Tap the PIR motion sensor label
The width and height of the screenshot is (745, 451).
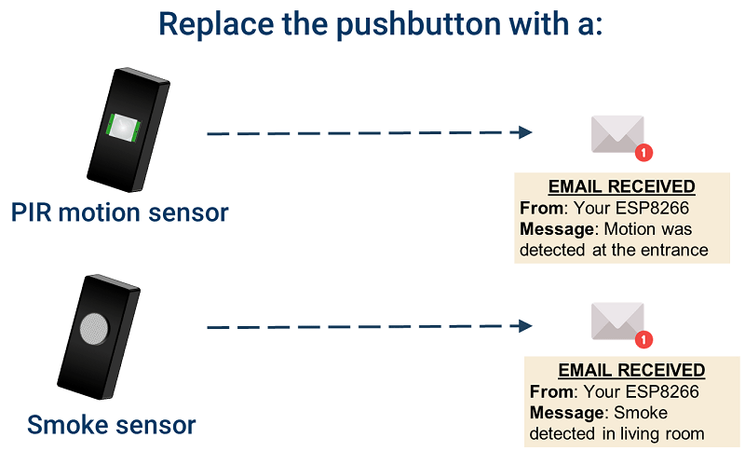tap(120, 212)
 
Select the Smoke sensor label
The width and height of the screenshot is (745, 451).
tap(112, 426)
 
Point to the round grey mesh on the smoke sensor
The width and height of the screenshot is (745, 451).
tap(94, 328)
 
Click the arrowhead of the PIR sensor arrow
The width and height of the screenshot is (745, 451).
tap(525, 133)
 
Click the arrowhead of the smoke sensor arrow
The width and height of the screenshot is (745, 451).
tap(525, 326)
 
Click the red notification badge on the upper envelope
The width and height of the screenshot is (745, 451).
tap(643, 152)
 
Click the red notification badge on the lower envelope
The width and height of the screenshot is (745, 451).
tap(643, 340)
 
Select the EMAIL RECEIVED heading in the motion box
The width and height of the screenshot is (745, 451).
tap(621, 186)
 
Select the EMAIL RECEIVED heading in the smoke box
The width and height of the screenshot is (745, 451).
tap(631, 371)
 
